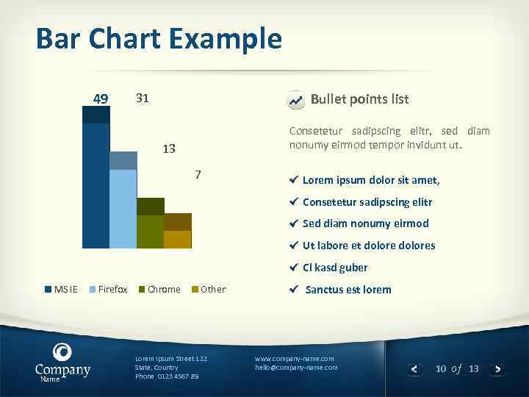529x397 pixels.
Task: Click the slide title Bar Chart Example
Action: pyautogui.click(x=159, y=38)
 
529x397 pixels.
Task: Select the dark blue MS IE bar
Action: pyautogui.click(x=96, y=184)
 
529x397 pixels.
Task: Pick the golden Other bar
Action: pyautogui.click(x=177, y=237)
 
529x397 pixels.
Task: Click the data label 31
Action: pyautogui.click(x=143, y=98)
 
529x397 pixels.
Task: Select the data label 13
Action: pyautogui.click(x=169, y=149)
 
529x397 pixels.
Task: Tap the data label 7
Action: pyautogui.click(x=198, y=175)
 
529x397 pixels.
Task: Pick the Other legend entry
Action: pyautogui.click(x=209, y=290)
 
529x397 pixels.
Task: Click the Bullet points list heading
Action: pyautogui.click(x=359, y=99)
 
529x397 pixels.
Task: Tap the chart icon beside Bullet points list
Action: pyautogui.click(x=295, y=101)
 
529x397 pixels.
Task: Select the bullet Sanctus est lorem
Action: pyautogui.click(x=348, y=290)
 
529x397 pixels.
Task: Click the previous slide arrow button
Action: pyautogui.click(x=414, y=369)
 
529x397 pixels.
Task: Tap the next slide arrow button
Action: pyautogui.click(x=498, y=369)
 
